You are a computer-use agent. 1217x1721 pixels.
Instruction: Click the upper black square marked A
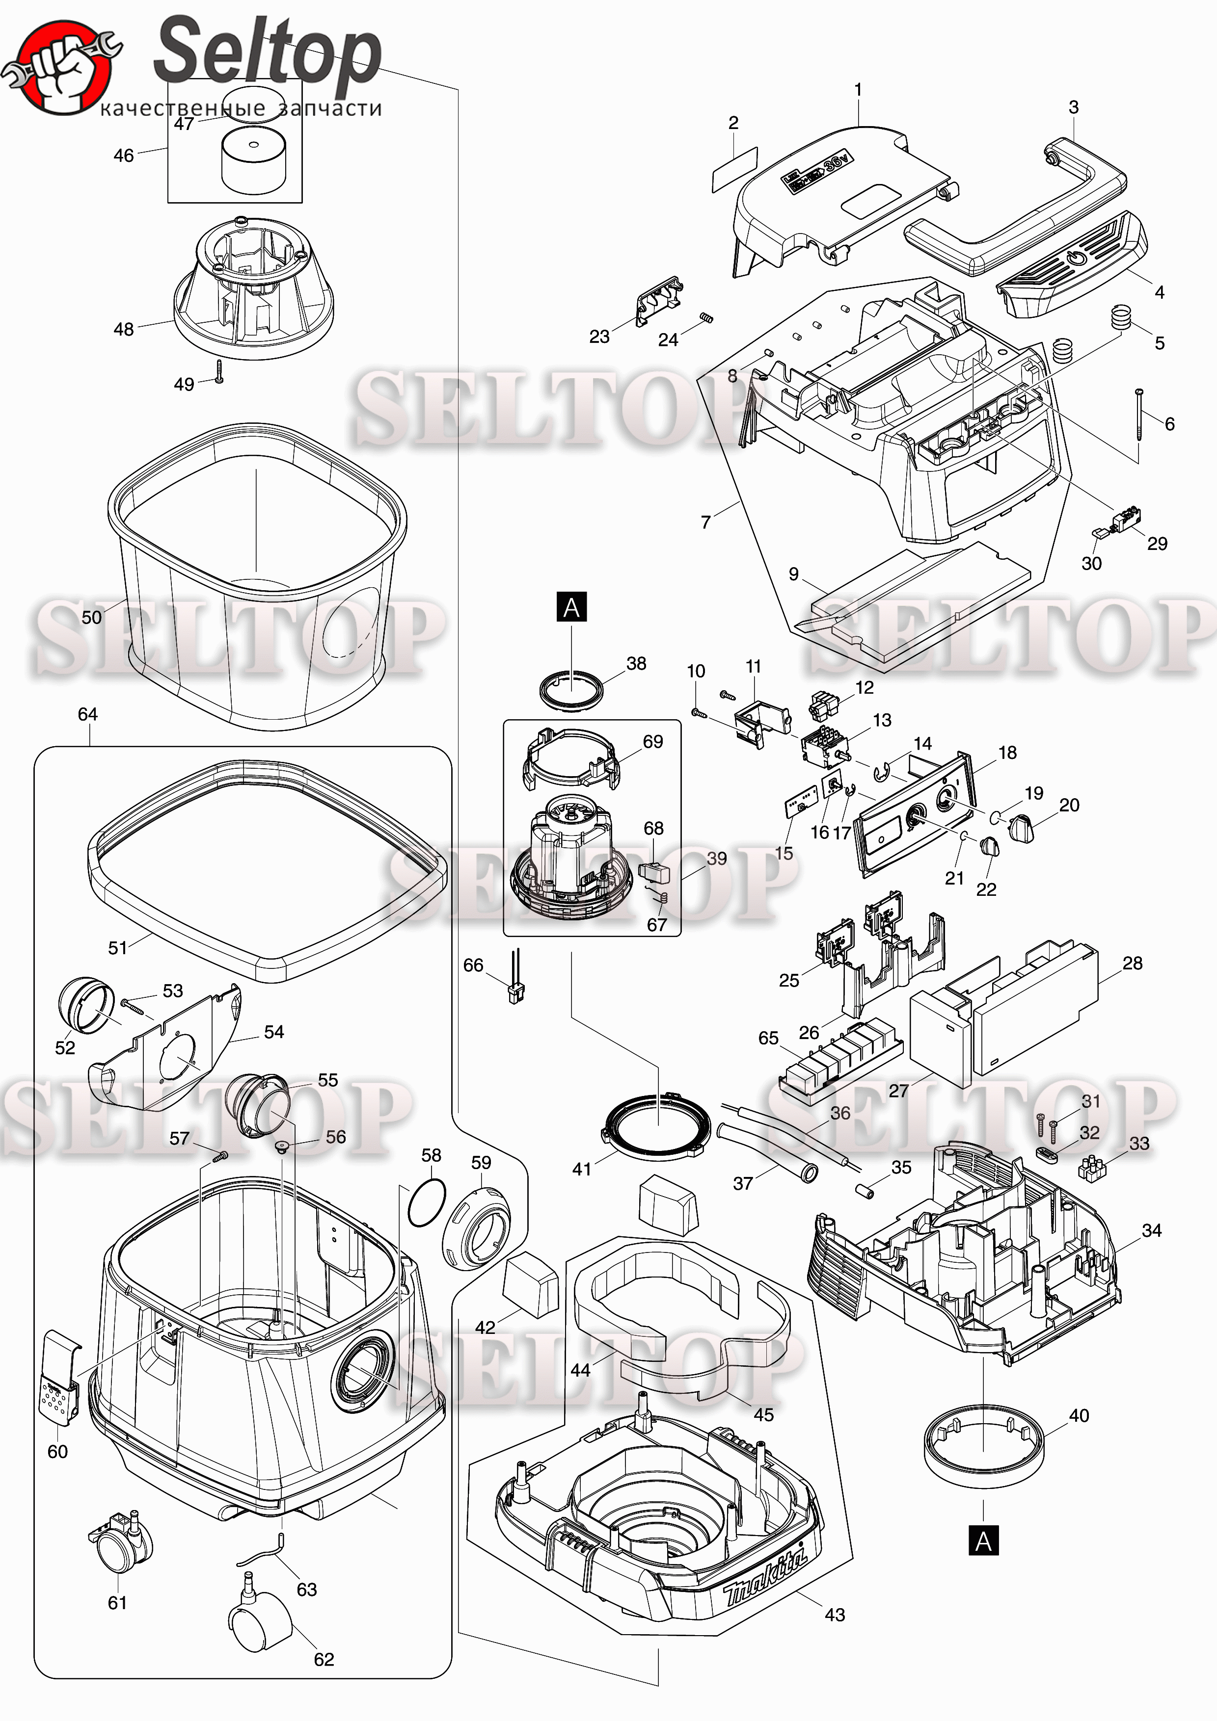point(571,607)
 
